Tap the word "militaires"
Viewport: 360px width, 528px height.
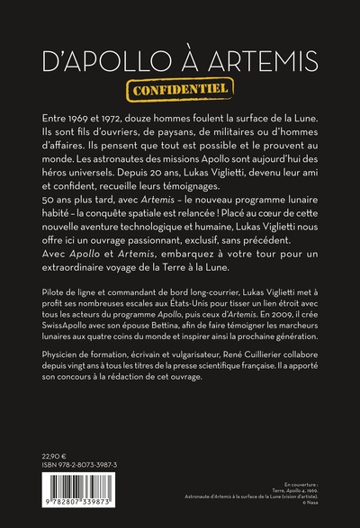(x=241, y=136)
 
